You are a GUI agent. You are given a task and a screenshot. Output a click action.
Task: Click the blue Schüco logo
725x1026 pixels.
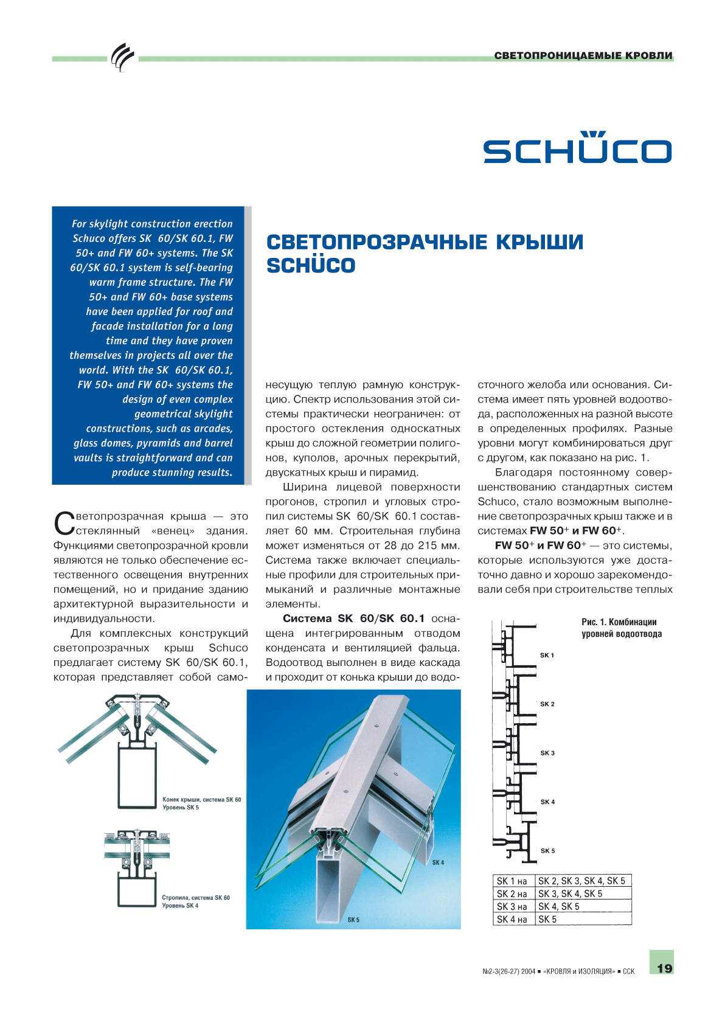click(577, 148)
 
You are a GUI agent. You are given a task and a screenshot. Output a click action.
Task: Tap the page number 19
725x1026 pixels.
click(664, 968)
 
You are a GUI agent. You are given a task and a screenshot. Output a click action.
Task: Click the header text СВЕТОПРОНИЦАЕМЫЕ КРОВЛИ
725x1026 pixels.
click(583, 55)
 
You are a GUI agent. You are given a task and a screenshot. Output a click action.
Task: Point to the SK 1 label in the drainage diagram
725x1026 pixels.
click(547, 655)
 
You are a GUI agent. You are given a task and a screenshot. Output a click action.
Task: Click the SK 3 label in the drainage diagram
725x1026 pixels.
click(547, 753)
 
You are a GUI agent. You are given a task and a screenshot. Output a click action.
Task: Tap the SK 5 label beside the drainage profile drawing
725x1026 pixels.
click(547, 851)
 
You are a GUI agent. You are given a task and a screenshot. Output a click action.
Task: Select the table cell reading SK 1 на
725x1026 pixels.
click(512, 881)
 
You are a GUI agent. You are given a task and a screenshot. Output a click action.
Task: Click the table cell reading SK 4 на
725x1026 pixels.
click(512, 920)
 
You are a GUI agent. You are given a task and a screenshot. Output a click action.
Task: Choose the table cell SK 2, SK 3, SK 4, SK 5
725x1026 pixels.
click(581, 881)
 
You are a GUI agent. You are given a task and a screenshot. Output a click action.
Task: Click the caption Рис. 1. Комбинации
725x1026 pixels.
click(619, 622)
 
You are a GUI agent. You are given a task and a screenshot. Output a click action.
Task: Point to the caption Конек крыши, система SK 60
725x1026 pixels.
click(201, 800)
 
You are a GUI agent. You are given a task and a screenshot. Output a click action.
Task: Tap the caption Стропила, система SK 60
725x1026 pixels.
click(196, 898)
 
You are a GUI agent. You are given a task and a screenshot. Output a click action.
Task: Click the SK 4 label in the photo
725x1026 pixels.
click(438, 862)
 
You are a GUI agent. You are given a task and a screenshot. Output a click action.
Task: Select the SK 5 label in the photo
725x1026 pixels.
click(353, 920)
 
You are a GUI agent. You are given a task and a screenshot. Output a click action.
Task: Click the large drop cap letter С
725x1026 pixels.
click(64, 523)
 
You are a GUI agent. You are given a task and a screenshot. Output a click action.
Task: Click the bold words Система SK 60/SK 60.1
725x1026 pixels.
click(353, 619)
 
